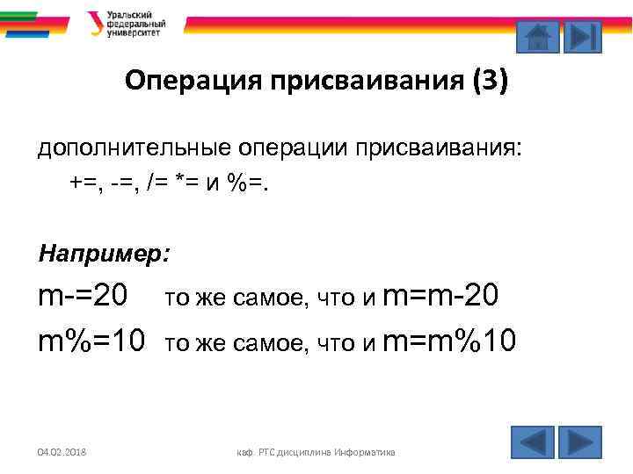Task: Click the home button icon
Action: point(536,37)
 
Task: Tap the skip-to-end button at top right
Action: point(581,37)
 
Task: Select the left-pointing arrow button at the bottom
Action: point(532,441)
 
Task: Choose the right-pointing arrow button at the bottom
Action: point(580,441)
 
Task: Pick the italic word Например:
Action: point(104,254)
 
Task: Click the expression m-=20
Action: point(83,298)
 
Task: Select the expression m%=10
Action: point(91,338)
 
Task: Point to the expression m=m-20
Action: point(441,298)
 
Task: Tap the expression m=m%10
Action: point(450,338)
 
